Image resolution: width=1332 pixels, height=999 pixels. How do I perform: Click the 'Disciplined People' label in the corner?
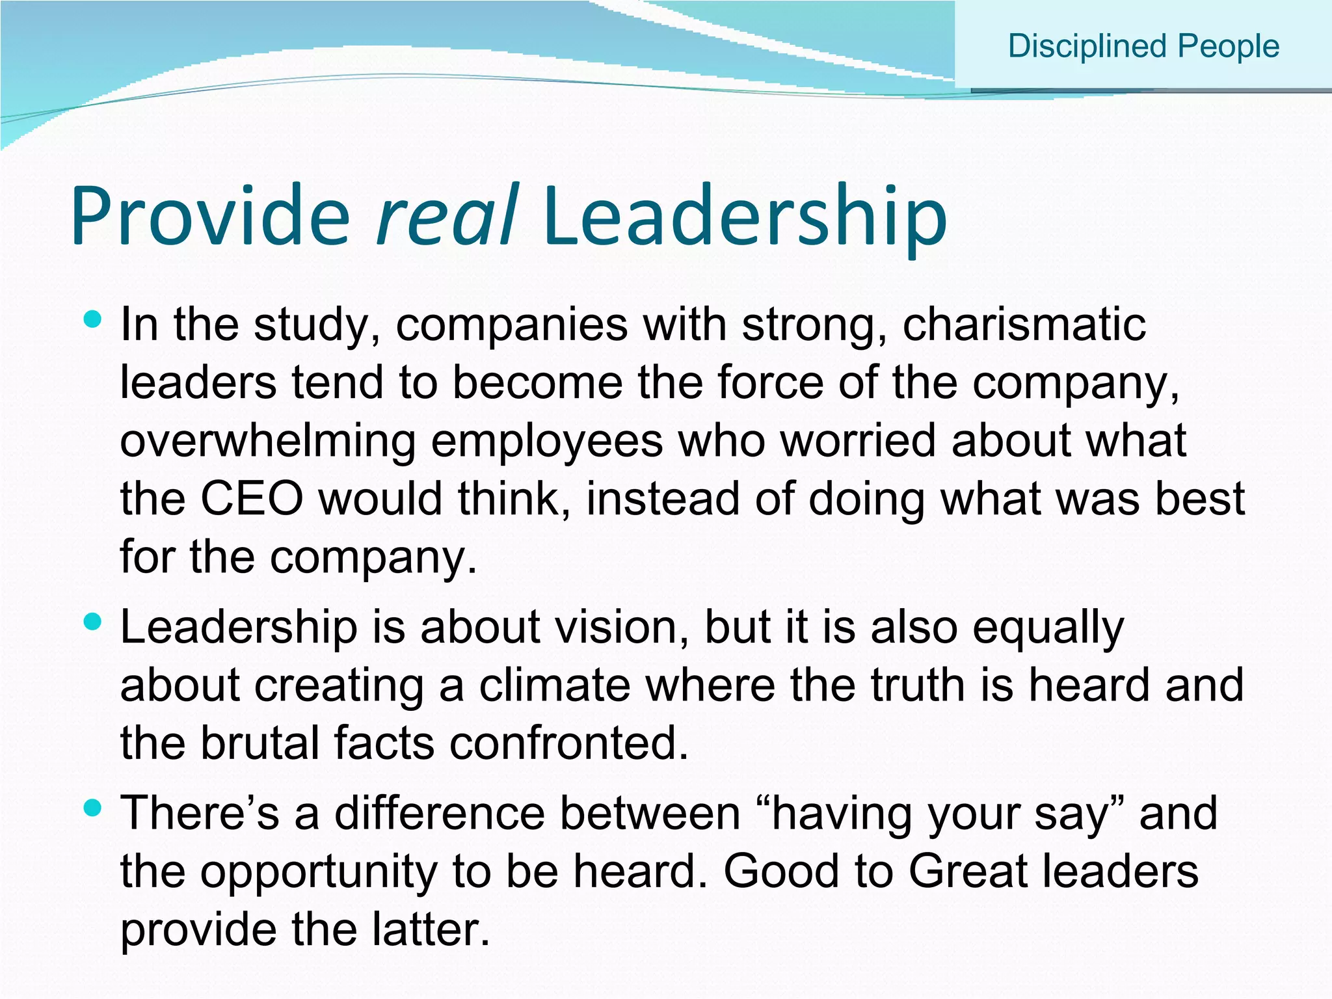(x=1143, y=46)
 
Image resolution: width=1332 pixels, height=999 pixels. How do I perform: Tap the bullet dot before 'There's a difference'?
(x=94, y=808)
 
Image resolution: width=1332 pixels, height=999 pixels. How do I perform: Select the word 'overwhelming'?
(x=267, y=441)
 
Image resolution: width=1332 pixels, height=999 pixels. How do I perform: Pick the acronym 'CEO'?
(x=252, y=499)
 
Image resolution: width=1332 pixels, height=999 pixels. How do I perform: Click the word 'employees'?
(x=547, y=441)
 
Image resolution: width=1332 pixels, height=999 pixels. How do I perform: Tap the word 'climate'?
(x=555, y=685)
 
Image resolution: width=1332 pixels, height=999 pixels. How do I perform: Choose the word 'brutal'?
(x=260, y=743)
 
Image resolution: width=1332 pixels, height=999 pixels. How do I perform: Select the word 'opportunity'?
(x=319, y=872)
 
